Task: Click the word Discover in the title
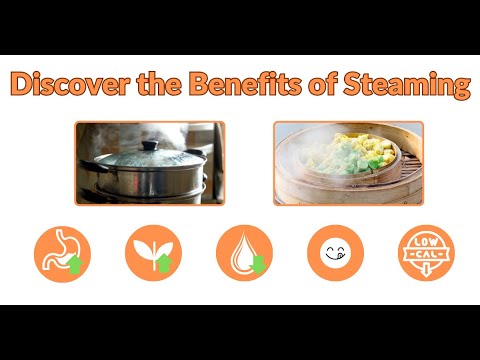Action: [x=61, y=85]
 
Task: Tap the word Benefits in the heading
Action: [x=230, y=85]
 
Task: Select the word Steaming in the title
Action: [x=409, y=85]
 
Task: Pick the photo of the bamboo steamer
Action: [x=348, y=162]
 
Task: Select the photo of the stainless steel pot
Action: [x=149, y=162]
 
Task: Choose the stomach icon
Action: [x=62, y=252]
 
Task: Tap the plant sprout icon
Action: [x=153, y=252]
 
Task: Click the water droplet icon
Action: [x=244, y=252]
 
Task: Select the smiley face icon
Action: [x=335, y=252]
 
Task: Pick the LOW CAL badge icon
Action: [x=425, y=252]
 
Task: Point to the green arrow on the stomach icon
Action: [x=74, y=263]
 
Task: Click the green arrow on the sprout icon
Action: [x=163, y=262]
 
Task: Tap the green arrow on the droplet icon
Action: [x=256, y=264]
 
